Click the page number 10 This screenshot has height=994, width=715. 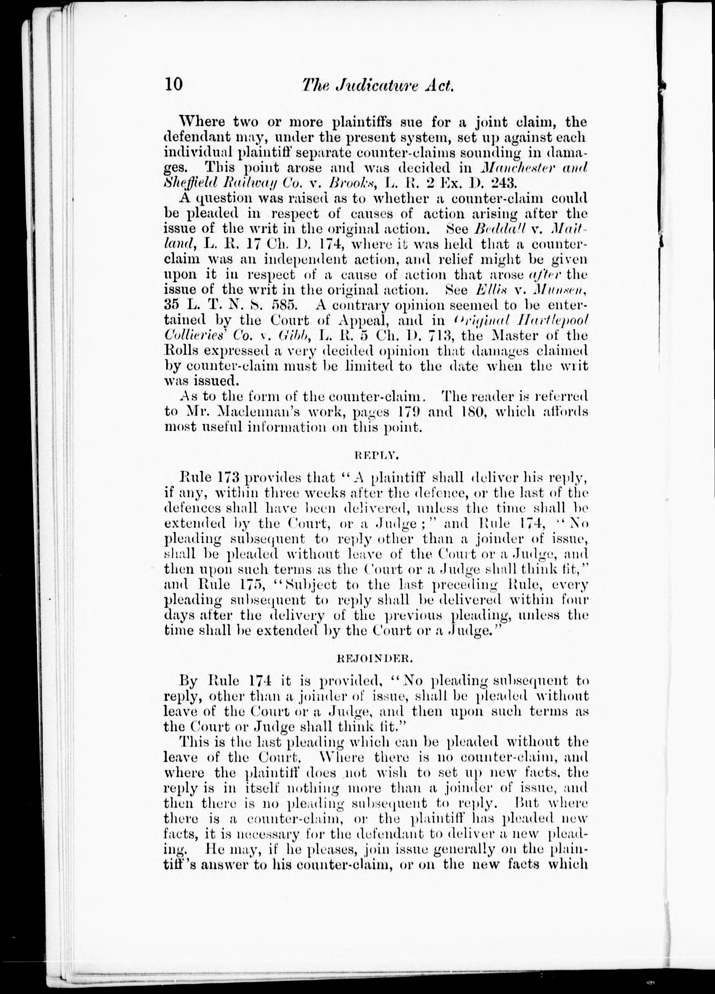(173, 84)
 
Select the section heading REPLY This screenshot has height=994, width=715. (376, 456)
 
